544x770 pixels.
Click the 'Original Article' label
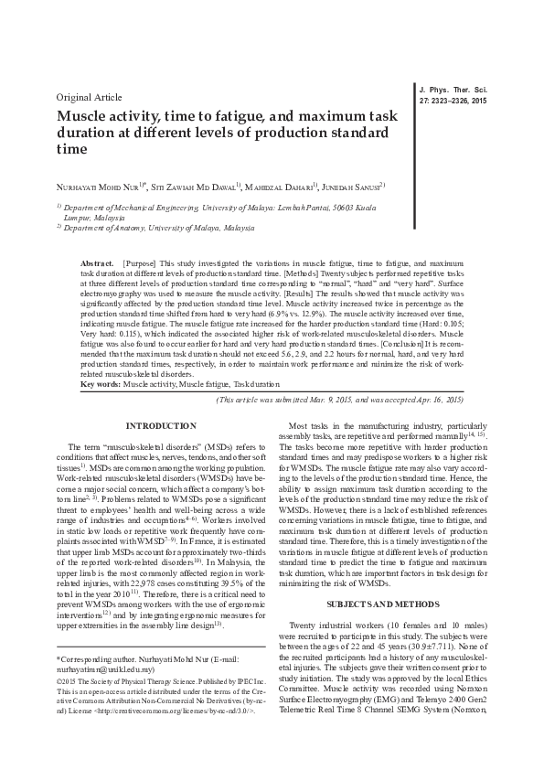pos(89,96)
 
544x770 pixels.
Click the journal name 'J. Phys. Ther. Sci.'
pos(453,89)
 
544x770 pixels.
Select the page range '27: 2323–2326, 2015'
pos(453,99)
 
